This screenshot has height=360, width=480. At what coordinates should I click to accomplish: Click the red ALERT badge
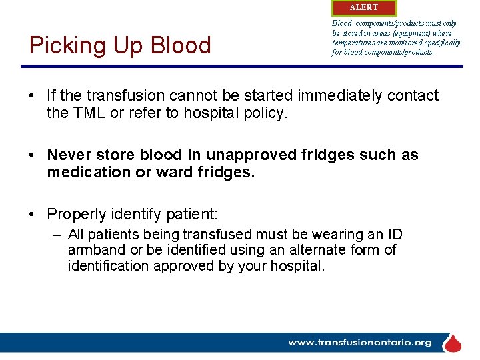(363, 7)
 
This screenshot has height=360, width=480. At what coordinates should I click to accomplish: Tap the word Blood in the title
(181, 45)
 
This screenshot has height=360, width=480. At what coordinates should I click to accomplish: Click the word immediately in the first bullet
(333, 95)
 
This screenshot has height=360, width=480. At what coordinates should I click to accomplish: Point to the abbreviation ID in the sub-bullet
(394, 234)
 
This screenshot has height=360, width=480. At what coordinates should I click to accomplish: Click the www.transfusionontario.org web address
(359, 343)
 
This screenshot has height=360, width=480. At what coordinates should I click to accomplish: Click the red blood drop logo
(453, 343)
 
